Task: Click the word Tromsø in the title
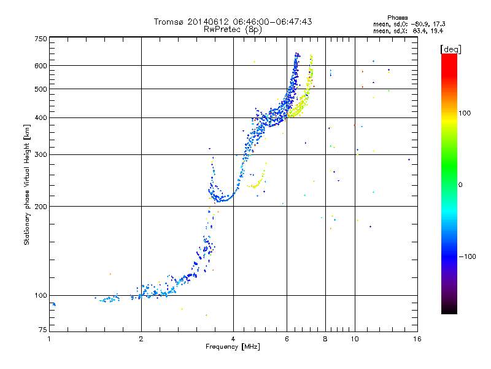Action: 169,22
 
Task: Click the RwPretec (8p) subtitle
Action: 233,30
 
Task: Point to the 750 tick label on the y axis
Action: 41,39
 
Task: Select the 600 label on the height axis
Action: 41,66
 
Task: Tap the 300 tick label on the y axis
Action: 41,154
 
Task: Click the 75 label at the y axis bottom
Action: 43,330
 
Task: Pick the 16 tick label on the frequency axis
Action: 417,339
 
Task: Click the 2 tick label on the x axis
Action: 141,339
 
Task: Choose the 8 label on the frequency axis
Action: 325,339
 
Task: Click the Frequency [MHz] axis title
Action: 233,347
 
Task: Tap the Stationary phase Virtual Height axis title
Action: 27,185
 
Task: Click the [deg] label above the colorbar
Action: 450,49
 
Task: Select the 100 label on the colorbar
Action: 465,113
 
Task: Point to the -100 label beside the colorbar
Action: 468,256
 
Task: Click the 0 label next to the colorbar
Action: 460,185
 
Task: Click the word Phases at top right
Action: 397,18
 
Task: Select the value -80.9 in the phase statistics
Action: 419,24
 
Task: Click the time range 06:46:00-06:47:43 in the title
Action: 273,22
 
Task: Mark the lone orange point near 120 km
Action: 110,274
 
